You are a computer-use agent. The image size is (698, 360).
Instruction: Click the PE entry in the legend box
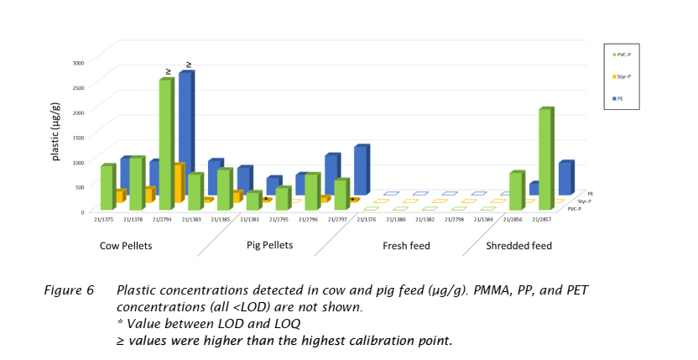click(x=619, y=98)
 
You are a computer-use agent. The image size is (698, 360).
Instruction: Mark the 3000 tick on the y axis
click(x=76, y=63)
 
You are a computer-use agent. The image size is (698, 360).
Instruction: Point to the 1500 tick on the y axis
click(x=76, y=137)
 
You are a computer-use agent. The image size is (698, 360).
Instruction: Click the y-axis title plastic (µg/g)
click(x=55, y=132)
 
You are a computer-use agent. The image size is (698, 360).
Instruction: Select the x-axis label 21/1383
click(x=191, y=219)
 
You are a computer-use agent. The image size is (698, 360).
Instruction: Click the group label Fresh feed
click(x=407, y=246)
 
